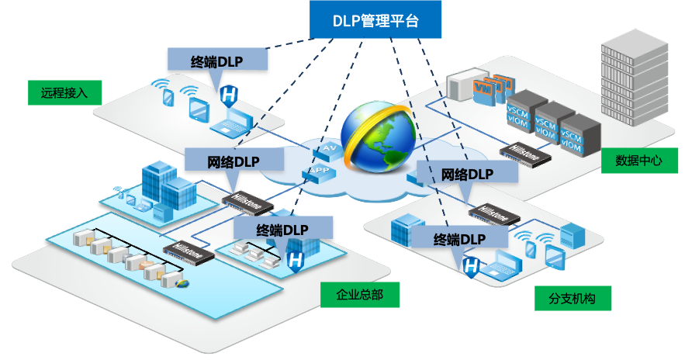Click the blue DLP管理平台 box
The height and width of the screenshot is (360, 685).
376,21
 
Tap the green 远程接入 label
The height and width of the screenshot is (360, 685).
64,93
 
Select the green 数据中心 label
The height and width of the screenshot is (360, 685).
639,161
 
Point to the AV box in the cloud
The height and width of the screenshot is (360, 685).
329,147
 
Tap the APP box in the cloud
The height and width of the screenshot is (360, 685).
319,171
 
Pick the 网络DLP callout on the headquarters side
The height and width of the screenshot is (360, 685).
233,162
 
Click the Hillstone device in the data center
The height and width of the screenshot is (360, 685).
525,151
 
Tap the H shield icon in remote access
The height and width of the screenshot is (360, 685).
228,96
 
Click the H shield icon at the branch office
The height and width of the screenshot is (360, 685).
471,267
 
